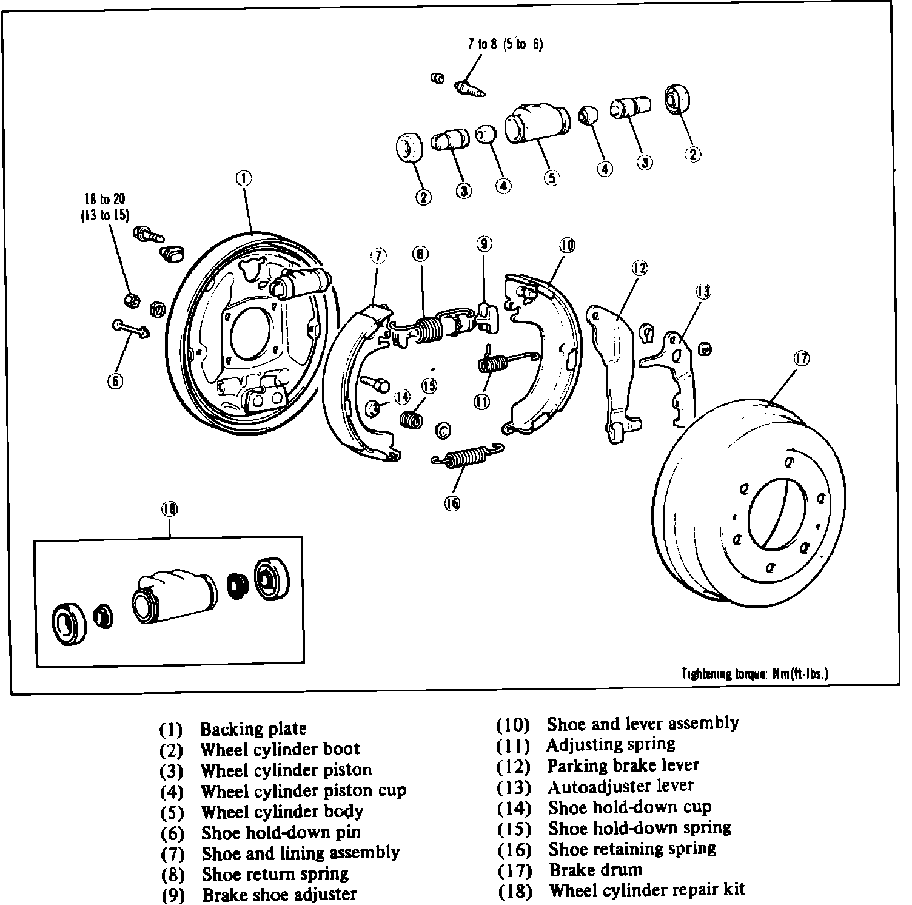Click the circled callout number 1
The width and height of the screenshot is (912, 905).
click(x=244, y=178)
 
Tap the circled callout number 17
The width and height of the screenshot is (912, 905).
click(x=802, y=358)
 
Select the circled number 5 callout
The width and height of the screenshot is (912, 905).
click(x=551, y=179)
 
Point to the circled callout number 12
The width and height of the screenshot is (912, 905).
click(x=639, y=267)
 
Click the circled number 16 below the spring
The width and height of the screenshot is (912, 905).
click(x=452, y=503)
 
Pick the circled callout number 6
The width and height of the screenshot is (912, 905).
click(x=115, y=381)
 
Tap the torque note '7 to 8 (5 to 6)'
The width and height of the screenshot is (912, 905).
click(x=505, y=44)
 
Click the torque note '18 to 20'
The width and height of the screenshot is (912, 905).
click(x=105, y=199)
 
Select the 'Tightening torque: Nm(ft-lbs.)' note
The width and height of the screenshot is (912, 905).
click(x=756, y=673)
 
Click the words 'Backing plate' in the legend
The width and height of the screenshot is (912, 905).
click(x=253, y=728)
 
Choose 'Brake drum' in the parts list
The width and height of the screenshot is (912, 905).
click(x=595, y=870)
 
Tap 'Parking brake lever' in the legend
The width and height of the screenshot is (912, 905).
click(x=623, y=765)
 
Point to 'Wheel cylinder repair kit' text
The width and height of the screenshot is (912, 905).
click(x=646, y=890)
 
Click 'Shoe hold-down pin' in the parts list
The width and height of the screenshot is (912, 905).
click(x=281, y=833)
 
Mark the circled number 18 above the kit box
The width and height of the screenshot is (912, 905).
click(x=169, y=509)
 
